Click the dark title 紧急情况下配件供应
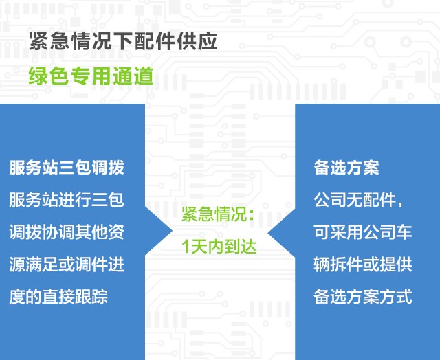tap(123, 41)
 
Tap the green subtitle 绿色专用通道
tap(91, 76)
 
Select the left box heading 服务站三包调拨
tap(67, 168)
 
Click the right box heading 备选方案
tap(346, 168)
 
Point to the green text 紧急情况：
tap(218, 214)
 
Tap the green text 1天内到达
tap(219, 247)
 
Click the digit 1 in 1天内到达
tap(185, 247)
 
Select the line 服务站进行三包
tap(67, 200)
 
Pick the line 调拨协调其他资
tap(67, 232)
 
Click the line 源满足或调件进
tap(67, 264)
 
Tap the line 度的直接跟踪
tap(58, 296)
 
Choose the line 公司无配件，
tap(359, 200)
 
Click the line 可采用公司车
tap(363, 232)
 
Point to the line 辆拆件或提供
tap(363, 264)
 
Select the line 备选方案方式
tap(363, 296)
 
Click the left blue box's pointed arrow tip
tap(172, 231)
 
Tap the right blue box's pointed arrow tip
tap(268, 232)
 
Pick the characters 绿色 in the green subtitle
tap(49, 76)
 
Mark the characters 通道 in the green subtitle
tap(133, 76)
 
